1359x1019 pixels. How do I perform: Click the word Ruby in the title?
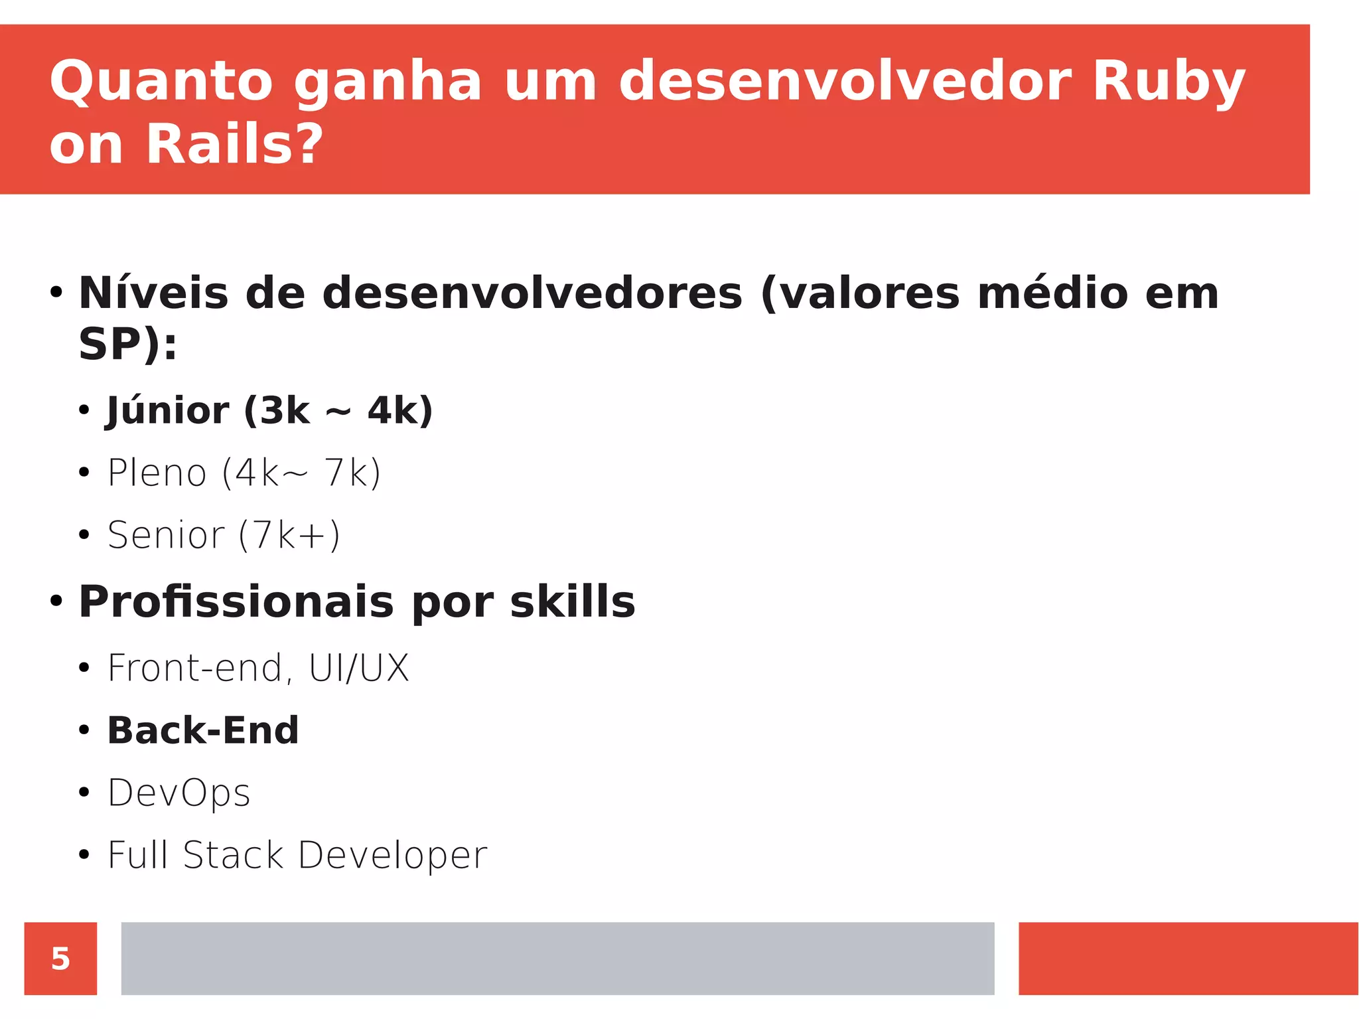[1168, 82]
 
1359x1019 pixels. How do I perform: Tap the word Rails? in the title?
[235, 145]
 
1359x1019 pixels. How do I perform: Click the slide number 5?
[60, 959]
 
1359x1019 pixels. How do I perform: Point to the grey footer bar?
[557, 959]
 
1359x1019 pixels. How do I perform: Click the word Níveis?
[153, 293]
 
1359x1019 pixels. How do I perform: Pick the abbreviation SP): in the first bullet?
[128, 344]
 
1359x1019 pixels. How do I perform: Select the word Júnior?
[167, 411]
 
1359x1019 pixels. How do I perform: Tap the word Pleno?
[157, 473]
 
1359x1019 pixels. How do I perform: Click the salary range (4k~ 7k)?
[301, 473]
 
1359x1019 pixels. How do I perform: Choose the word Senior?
[166, 535]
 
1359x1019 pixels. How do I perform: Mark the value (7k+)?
[289, 535]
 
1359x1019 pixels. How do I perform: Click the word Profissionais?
[236, 601]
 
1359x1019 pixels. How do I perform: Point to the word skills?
[572, 601]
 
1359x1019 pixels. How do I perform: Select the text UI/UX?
[358, 668]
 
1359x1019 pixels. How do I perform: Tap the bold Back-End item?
[203, 730]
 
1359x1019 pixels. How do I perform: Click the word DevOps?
[179, 793]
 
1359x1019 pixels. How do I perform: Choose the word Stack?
[233, 854]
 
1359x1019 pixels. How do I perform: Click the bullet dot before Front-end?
[84, 668]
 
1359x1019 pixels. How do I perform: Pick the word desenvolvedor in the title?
[844, 82]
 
